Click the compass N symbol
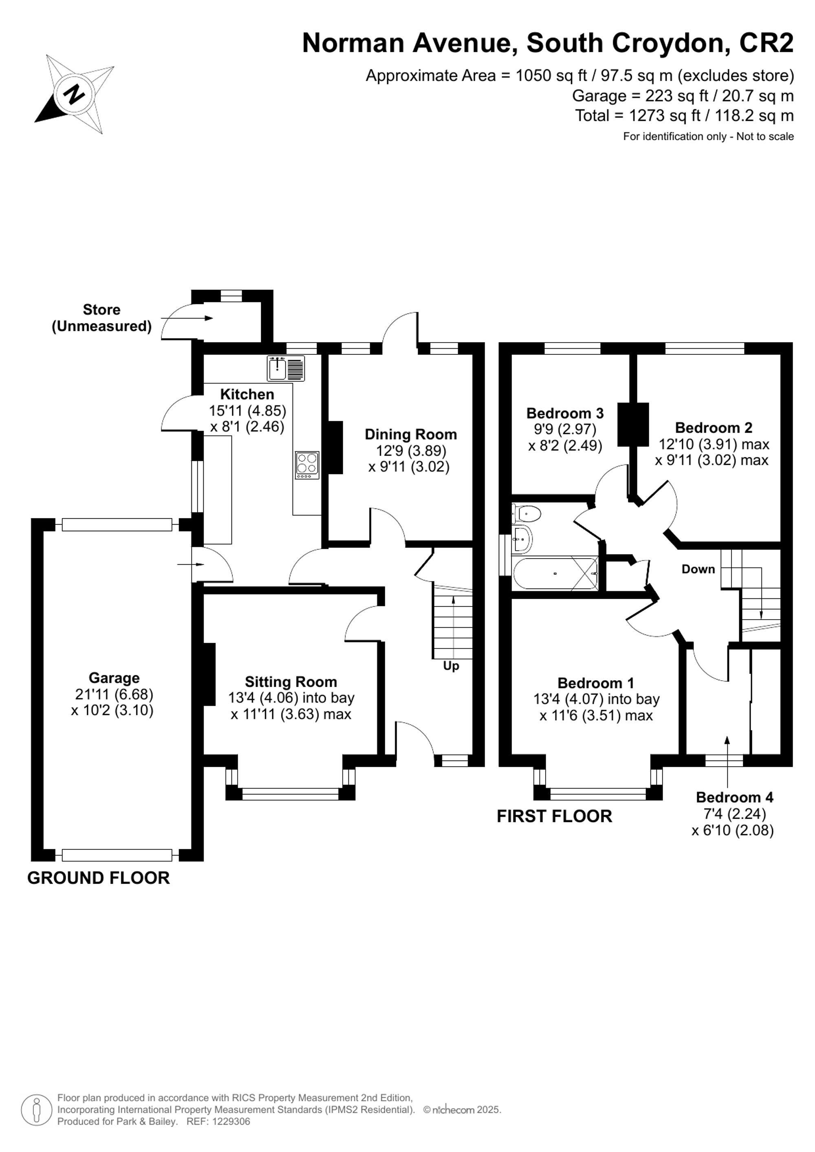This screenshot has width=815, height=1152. (x=75, y=94)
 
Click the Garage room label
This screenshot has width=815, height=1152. (x=114, y=678)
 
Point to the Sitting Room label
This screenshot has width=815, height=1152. (x=291, y=682)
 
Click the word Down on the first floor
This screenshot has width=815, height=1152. (x=698, y=569)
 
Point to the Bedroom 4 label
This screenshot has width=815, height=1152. (x=734, y=797)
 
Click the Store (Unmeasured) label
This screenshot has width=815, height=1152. (x=101, y=318)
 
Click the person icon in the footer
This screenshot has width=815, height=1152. (x=37, y=1110)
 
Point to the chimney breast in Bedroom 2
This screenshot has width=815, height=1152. (x=633, y=424)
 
